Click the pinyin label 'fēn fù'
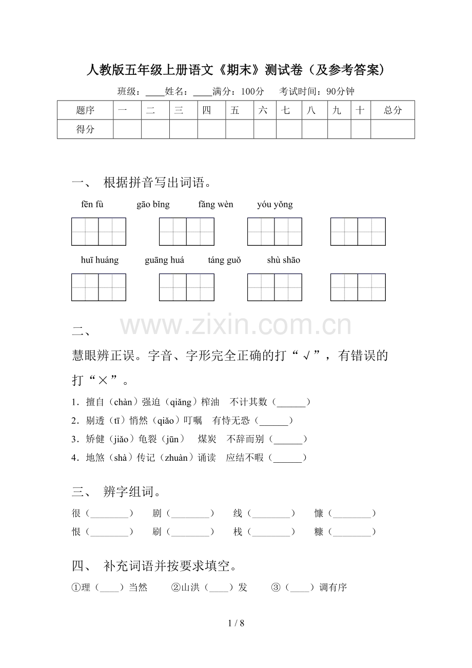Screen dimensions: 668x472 (x=92, y=205)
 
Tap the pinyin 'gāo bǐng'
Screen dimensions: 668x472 (x=153, y=205)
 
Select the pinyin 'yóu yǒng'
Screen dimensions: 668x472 (x=275, y=205)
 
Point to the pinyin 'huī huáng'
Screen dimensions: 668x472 (x=100, y=260)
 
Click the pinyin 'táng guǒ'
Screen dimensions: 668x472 (x=224, y=260)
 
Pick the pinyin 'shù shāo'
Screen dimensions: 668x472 (x=284, y=260)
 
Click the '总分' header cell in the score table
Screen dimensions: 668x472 (x=392, y=110)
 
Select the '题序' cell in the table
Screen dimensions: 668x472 (x=85, y=110)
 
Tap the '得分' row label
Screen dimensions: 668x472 (x=85, y=129)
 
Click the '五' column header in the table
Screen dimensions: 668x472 (x=235, y=110)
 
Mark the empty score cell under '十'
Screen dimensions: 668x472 (x=361, y=129)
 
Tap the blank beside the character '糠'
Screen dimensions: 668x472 (x=351, y=533)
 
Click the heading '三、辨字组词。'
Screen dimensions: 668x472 (x=117, y=493)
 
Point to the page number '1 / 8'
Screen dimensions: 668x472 (x=236, y=624)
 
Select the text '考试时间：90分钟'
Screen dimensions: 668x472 (x=317, y=92)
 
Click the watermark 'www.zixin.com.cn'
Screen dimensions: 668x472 (x=236, y=325)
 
